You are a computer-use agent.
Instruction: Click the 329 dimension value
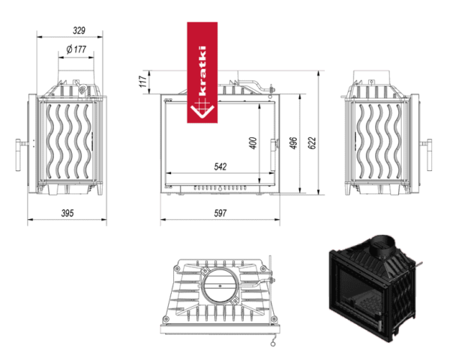point(79,30)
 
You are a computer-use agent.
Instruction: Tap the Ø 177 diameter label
point(76,49)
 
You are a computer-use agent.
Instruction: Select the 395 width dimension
point(67,213)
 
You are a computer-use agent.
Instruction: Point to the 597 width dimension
point(220,213)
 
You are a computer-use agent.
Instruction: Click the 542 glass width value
point(220,166)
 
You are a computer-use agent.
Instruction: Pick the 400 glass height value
point(253,143)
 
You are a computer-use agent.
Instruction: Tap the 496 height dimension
point(294,143)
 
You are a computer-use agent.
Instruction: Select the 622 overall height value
point(312,143)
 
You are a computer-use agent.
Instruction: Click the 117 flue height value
point(143,82)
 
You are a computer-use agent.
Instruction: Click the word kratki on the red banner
point(202,71)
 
